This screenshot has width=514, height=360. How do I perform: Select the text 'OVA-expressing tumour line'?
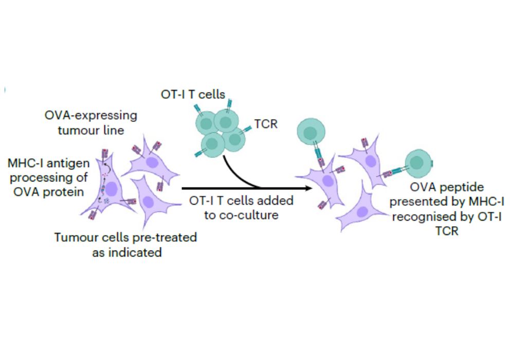click(x=91, y=122)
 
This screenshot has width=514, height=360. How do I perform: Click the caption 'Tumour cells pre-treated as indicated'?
click(x=126, y=245)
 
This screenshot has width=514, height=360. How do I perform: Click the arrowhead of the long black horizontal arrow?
click(x=309, y=188)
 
